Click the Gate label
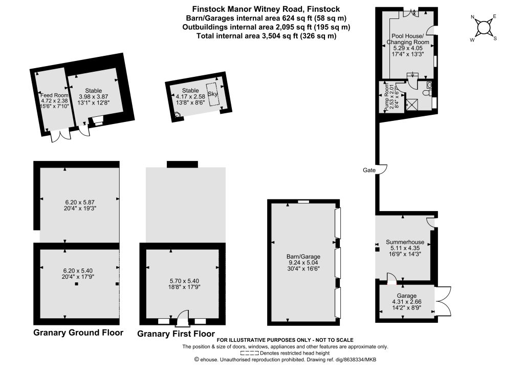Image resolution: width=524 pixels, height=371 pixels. pos(369,170)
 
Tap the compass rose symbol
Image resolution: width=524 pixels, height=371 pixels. pos(483,28)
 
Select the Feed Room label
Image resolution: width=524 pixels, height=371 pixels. pos(54,95)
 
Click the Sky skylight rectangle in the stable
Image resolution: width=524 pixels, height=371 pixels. pos(212,94)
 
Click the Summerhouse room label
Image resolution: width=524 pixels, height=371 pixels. pos(405,242)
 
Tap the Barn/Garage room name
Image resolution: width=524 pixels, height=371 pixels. pos(303,257)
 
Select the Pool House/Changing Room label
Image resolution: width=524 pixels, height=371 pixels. pos(407,39)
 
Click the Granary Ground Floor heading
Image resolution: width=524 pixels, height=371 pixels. pos(78,333)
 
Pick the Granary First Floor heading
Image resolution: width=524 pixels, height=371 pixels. pos(176,334)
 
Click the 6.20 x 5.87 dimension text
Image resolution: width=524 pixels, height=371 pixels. pos(79,202)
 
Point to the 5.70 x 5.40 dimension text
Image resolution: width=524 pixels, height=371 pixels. pos(185,281)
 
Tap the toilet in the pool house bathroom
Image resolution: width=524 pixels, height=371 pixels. pos(427,93)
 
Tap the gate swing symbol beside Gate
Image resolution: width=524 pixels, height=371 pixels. pos(383,169)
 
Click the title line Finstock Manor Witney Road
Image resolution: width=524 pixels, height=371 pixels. pos(266,9)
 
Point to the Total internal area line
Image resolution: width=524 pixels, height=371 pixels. pos(266,36)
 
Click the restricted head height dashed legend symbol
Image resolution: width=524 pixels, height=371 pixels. pos(249,353)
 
